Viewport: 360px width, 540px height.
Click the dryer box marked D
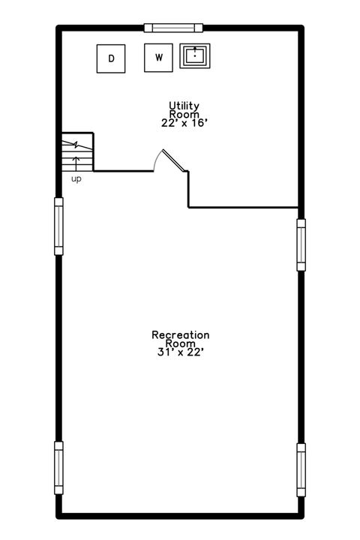(111, 58)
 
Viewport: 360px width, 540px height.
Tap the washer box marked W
(158, 58)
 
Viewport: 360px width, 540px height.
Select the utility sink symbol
(195, 56)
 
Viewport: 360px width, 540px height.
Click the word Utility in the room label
(184, 106)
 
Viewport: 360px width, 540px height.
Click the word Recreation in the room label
(180, 334)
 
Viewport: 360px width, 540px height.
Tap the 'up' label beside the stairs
(76, 179)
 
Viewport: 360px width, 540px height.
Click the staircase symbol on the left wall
(77, 153)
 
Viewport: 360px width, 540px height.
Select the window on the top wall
(174, 28)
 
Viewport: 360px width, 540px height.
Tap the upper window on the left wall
(58, 226)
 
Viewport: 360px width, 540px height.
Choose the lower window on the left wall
(58, 468)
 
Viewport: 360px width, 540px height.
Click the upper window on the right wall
(301, 244)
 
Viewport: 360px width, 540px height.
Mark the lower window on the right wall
(301, 469)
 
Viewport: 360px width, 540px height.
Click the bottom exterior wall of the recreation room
(180, 515)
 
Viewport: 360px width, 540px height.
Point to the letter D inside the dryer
(111, 58)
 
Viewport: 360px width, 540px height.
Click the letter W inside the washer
(158, 58)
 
